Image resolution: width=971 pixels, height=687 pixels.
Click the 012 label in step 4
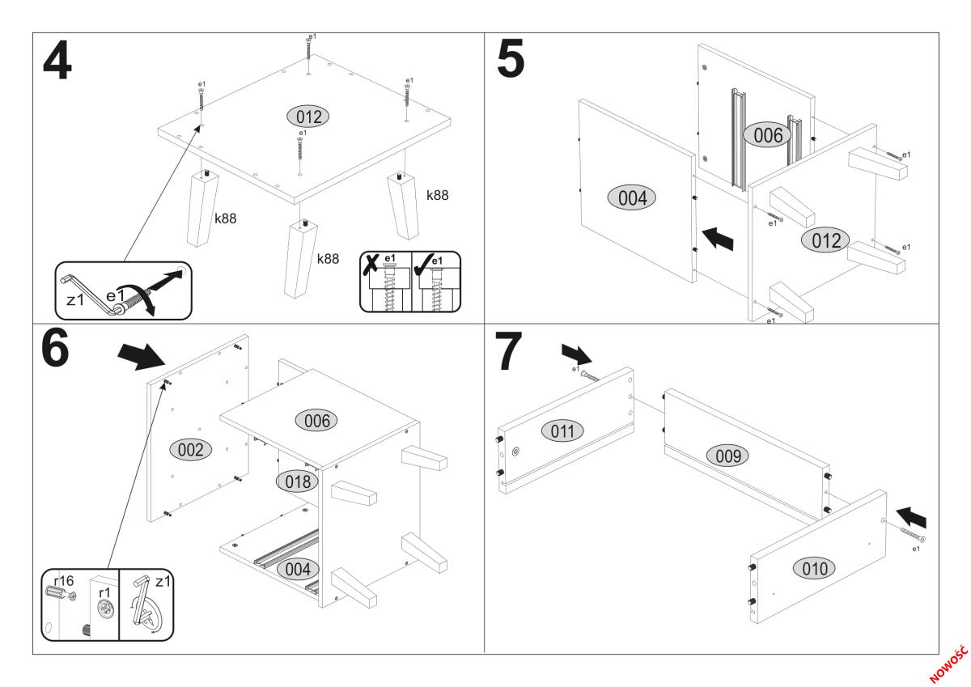pos(308,117)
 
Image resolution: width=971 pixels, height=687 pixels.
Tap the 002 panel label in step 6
pos(190,450)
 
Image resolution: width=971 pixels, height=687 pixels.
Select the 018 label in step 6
pos(297,481)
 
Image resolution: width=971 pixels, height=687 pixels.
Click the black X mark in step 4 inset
pos(371,263)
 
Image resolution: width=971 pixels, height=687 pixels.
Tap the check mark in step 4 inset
pos(422,263)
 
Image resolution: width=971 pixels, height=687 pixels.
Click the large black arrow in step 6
pos(138,354)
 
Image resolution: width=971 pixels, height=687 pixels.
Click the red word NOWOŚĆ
pos(948,661)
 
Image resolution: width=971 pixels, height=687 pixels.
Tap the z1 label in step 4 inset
pos(75,299)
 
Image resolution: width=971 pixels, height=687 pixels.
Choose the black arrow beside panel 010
pos(915,515)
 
